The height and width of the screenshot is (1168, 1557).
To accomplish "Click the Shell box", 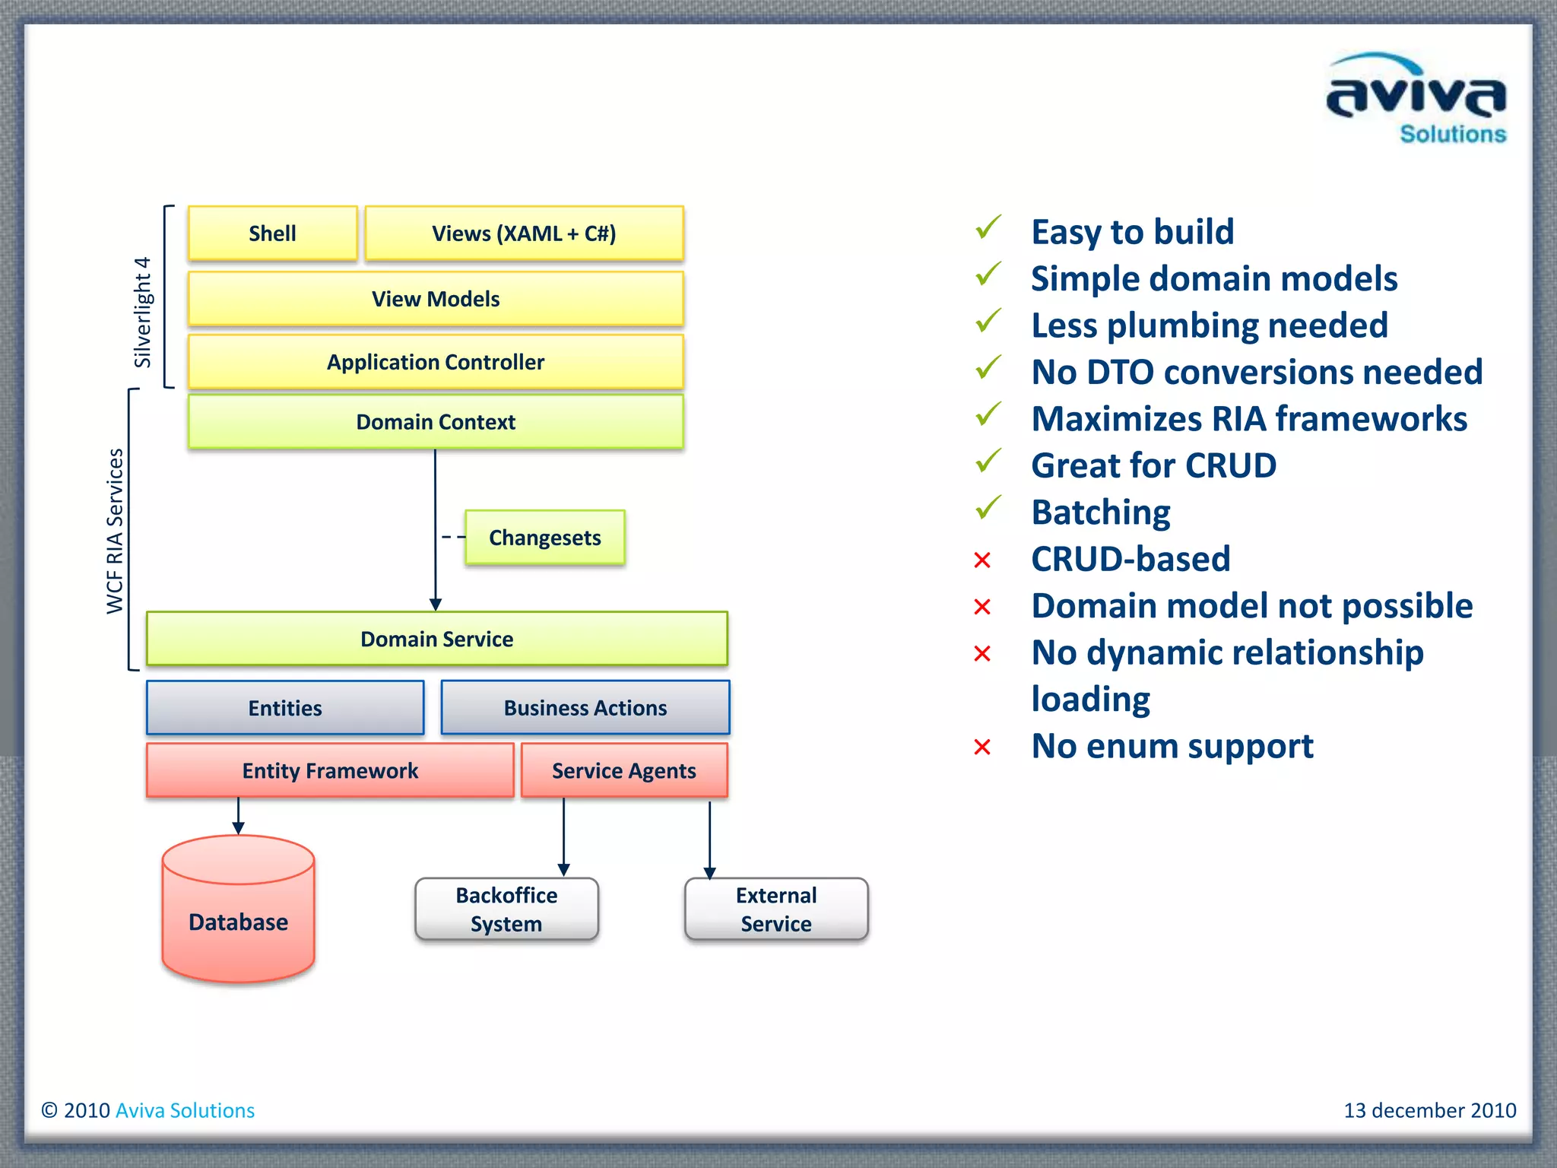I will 272,233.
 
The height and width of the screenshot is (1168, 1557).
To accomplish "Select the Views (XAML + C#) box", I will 524,233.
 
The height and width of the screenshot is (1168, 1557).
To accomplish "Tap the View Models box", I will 436,299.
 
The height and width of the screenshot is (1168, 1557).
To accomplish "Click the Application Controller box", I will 436,362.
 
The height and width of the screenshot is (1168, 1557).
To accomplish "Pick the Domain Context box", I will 436,422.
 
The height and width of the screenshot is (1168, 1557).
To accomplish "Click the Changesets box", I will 544,538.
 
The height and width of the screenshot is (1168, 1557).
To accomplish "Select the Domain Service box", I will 436,639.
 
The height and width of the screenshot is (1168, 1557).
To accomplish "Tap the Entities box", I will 285,708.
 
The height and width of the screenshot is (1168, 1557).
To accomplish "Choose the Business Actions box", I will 585,708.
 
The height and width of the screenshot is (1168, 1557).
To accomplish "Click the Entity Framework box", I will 330,770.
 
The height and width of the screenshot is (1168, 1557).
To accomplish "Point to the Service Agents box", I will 624,770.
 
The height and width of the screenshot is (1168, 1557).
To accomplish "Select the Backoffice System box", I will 506,909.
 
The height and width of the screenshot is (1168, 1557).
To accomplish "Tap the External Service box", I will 776,909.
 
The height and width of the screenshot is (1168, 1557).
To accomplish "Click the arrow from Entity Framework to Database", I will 238,817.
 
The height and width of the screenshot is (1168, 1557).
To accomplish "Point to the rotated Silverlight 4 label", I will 143,312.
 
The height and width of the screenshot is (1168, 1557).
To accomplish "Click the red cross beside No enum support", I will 982,747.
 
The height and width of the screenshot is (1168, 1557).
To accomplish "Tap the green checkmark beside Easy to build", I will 988,227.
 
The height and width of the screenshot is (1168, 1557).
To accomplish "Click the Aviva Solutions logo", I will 1416,99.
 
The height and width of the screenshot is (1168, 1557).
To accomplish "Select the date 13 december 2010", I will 1429,1110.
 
